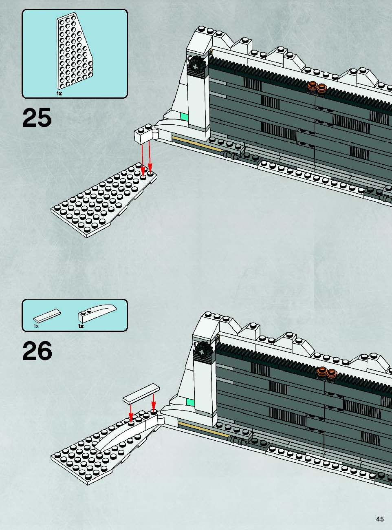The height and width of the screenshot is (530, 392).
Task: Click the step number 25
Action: pyautogui.click(x=37, y=117)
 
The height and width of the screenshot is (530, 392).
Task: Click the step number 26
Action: pyautogui.click(x=37, y=351)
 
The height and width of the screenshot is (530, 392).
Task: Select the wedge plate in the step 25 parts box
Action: pyautogui.click(x=74, y=53)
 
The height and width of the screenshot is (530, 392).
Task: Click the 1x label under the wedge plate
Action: pyautogui.click(x=59, y=93)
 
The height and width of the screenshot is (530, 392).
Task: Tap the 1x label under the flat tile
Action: pyautogui.click(x=36, y=326)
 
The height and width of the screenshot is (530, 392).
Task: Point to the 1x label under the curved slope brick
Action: pyautogui.click(x=81, y=326)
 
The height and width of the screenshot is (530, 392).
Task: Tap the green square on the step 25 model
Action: pyautogui.click(x=184, y=117)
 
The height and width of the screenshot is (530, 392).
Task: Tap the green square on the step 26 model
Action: pyautogui.click(x=191, y=402)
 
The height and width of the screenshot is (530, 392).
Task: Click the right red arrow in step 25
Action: pyautogui.click(x=150, y=156)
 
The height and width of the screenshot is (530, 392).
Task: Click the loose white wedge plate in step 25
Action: pyautogui.click(x=104, y=200)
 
